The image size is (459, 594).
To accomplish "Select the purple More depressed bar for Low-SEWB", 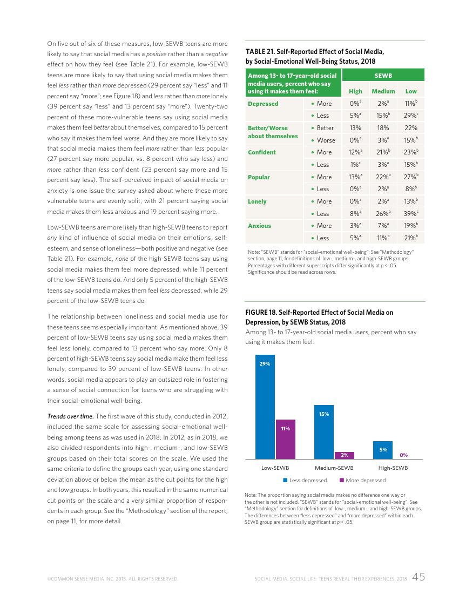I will click(286, 438).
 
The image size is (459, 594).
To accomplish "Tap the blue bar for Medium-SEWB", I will click(324, 431).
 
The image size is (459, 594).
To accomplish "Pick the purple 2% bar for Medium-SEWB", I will click(345, 455).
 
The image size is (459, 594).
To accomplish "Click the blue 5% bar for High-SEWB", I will click(383, 449).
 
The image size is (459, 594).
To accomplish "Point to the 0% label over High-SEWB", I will click(403, 455).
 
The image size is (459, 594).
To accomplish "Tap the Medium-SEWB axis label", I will click(334, 468).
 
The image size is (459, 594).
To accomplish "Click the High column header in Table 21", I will click(355, 91).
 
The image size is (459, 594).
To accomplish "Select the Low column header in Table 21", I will click(410, 91).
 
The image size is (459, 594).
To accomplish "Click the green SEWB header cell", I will click(383, 76).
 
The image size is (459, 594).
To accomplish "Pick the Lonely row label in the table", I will click(257, 201).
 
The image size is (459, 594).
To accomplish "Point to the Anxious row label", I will click(259, 226).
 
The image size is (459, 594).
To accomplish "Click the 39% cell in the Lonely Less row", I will click(410, 213).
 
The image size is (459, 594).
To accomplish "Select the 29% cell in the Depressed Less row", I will click(410, 116).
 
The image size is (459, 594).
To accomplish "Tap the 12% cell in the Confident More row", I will click(355, 152).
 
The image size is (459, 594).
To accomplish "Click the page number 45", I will click(418, 577).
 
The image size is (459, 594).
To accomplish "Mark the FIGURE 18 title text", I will click(319, 317).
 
